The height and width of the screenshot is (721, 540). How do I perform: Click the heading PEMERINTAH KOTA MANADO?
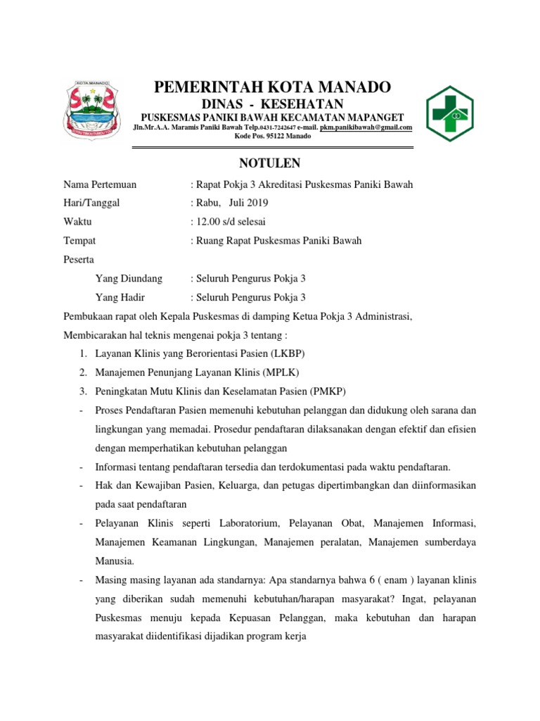click(x=272, y=87)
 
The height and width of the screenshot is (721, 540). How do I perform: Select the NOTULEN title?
click(x=270, y=163)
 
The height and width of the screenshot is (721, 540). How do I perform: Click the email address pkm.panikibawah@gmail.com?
click(x=366, y=127)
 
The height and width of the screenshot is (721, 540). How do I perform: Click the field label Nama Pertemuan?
click(x=100, y=184)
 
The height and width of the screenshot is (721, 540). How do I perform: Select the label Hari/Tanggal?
click(x=92, y=203)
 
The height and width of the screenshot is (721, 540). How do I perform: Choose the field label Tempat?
click(x=79, y=241)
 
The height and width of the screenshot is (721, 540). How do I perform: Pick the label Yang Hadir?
click(x=120, y=297)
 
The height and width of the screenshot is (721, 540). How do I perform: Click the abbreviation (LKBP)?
click(x=287, y=353)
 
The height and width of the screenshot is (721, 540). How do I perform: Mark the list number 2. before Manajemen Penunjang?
click(x=83, y=372)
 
